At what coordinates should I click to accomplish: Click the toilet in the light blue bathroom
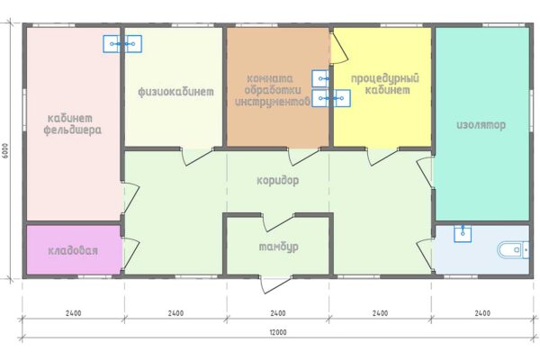click(x=513, y=250)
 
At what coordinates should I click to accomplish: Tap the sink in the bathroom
click(x=463, y=233)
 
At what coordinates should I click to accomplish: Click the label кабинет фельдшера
click(x=73, y=124)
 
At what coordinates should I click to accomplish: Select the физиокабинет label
click(x=175, y=92)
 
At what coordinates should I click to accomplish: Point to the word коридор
click(x=278, y=181)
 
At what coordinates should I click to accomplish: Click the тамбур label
click(x=279, y=247)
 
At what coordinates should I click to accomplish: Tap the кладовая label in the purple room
click(x=73, y=250)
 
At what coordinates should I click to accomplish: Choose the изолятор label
click(x=481, y=125)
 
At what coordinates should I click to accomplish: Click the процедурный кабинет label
click(x=385, y=84)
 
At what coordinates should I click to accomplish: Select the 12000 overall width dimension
click(x=278, y=332)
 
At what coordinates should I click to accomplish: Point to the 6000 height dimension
click(x=5, y=150)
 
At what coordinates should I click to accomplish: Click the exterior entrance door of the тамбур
click(x=275, y=284)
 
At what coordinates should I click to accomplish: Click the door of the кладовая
click(x=130, y=254)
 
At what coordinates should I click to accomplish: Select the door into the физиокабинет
click(x=197, y=157)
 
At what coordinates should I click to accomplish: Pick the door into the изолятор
click(x=424, y=173)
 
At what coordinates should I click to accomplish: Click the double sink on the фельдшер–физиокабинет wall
click(x=122, y=44)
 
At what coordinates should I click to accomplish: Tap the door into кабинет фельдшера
click(x=130, y=198)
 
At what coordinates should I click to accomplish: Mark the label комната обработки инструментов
click(x=272, y=90)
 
